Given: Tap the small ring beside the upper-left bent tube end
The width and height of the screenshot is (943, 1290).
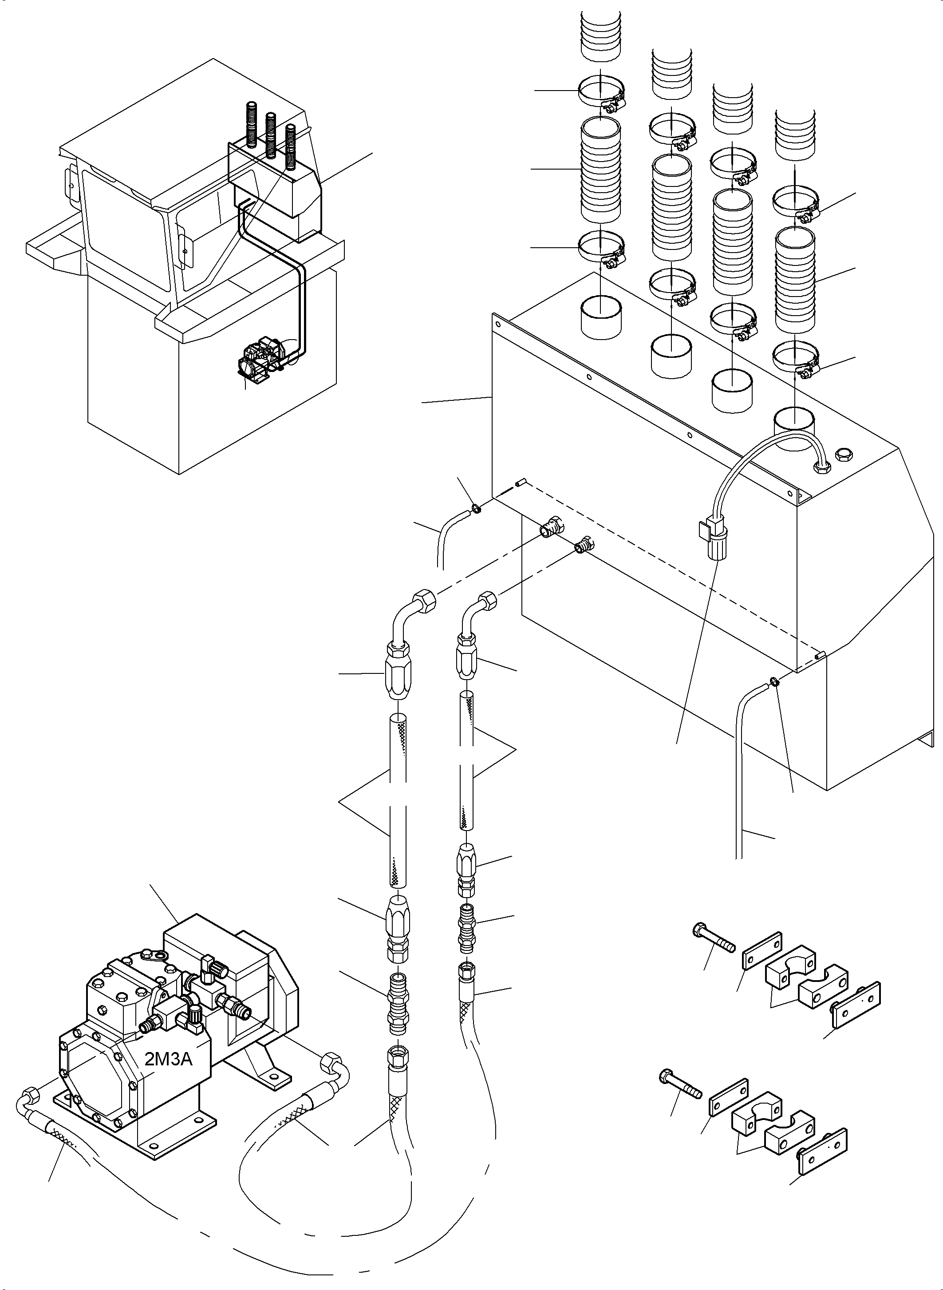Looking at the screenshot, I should click(475, 508).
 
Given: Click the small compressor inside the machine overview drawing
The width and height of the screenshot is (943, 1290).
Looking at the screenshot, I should click(260, 357).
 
